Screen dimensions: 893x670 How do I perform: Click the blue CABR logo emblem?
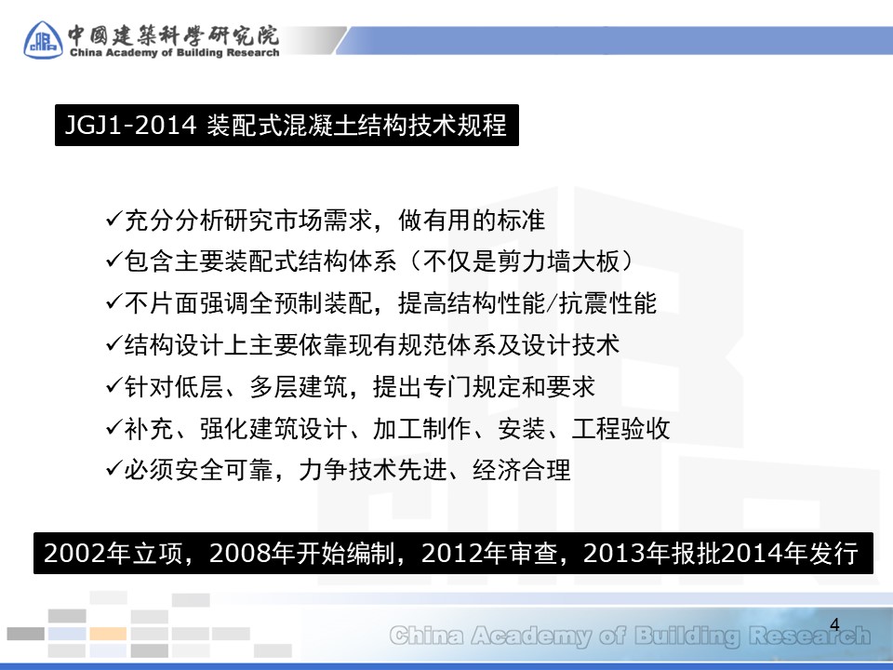click(43, 39)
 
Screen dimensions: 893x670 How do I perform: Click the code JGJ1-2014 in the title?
click(130, 125)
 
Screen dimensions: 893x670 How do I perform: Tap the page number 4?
click(834, 624)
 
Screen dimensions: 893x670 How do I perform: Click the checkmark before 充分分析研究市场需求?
click(113, 220)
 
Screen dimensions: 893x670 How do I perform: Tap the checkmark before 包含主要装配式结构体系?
click(113, 261)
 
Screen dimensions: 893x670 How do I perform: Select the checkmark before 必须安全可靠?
click(113, 469)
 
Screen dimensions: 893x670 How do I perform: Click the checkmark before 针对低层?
click(113, 385)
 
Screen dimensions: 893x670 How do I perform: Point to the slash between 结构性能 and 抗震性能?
click(551, 303)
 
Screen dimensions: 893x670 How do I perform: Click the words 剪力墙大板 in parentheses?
click(557, 261)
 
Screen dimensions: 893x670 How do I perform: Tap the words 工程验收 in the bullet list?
click(620, 428)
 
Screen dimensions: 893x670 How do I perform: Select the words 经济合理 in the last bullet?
click(522, 470)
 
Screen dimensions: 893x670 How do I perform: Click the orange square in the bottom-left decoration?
click(108, 634)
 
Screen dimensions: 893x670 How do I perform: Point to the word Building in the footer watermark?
click(686, 636)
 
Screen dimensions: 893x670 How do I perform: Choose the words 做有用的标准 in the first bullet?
click(472, 220)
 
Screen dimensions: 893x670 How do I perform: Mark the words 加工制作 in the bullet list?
click(422, 428)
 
